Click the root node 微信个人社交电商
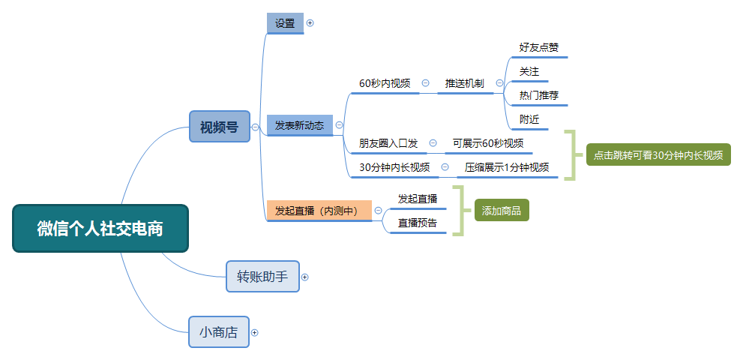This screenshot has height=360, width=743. (100, 229)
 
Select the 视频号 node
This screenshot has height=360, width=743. (219, 127)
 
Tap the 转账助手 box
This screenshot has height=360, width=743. (262, 277)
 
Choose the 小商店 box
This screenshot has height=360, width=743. (218, 332)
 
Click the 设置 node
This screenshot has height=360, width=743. (285, 23)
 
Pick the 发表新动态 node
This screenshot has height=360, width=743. (299, 125)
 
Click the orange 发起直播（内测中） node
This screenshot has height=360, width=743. (319, 211)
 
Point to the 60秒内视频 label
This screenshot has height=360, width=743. (385, 83)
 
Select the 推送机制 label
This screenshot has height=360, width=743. (464, 83)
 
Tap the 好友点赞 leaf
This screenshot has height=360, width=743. (538, 47)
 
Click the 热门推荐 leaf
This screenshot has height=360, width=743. (538, 95)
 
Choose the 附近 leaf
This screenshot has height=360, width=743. (529, 119)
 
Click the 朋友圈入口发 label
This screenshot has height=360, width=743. (388, 143)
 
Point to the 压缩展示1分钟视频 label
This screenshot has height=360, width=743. (507, 167)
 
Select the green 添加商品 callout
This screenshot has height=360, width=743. (502, 211)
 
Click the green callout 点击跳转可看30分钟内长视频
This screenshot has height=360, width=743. (658, 155)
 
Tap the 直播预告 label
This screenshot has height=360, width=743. (418, 223)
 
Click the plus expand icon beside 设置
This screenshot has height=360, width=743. (310, 23)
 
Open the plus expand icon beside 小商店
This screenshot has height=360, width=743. (255, 332)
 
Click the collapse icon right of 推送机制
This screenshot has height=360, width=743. (499, 83)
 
